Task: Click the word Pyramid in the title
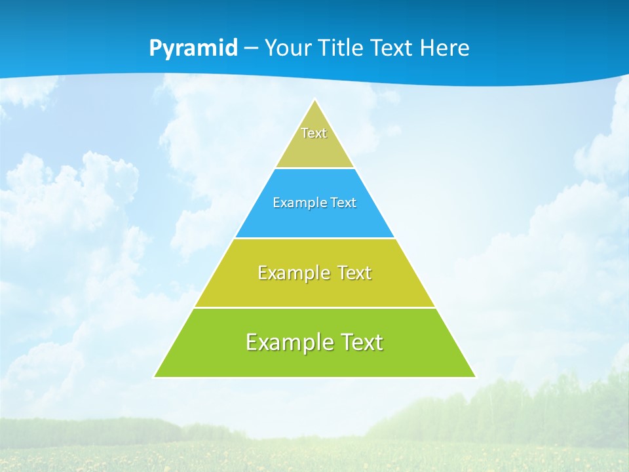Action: (x=193, y=49)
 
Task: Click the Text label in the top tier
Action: (x=314, y=133)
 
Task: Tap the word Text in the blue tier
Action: (x=343, y=203)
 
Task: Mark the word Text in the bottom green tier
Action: (x=361, y=342)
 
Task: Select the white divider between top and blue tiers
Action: (x=314, y=168)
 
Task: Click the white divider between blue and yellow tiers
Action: (x=314, y=238)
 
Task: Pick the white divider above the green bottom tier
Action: (x=314, y=307)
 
